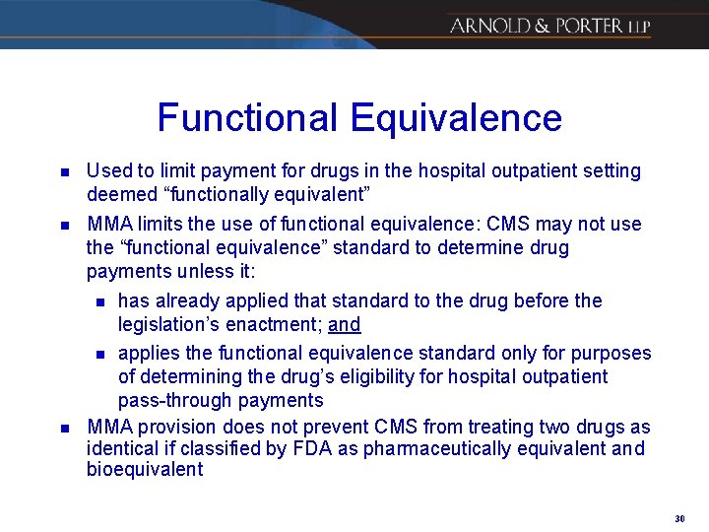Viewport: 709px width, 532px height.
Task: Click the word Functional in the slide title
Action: pyautogui.click(x=246, y=118)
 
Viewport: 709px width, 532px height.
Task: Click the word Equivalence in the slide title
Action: pyautogui.click(x=456, y=118)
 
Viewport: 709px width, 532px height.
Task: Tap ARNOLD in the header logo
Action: pyautogui.click(x=485, y=26)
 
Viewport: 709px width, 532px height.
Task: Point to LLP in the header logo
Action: pyautogui.click(x=637, y=27)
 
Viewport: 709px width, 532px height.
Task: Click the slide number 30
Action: pyautogui.click(x=680, y=517)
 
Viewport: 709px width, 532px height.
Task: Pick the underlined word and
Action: pyautogui.click(x=345, y=325)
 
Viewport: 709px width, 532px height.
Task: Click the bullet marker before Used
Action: pyautogui.click(x=63, y=172)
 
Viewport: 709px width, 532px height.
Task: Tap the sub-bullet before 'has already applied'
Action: pyautogui.click(x=97, y=301)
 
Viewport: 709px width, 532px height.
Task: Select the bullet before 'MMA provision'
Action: pyautogui.click(x=63, y=428)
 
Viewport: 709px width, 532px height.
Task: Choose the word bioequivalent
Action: pyautogui.click(x=145, y=471)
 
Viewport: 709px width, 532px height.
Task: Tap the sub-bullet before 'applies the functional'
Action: pyautogui.click(x=97, y=354)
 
